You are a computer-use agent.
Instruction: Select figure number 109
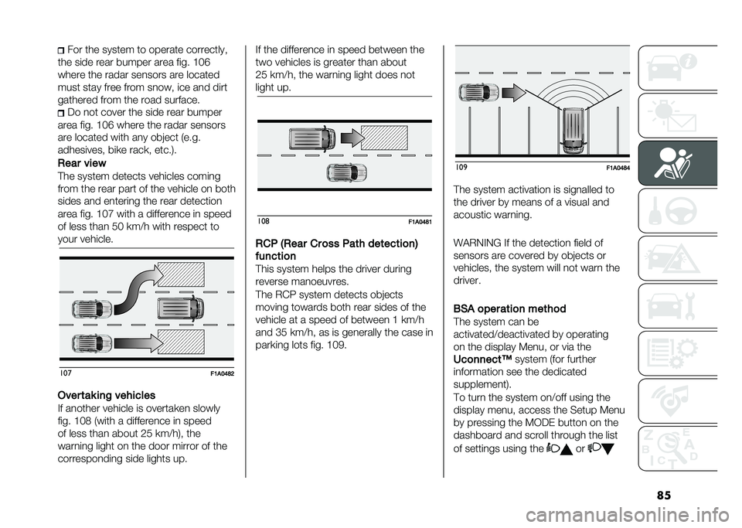coord(461,168)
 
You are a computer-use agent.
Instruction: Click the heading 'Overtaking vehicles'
coord(112,394)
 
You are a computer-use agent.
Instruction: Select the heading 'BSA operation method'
coord(510,308)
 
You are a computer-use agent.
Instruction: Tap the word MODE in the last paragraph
coord(533,423)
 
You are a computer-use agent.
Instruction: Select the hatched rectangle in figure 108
coord(384,138)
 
